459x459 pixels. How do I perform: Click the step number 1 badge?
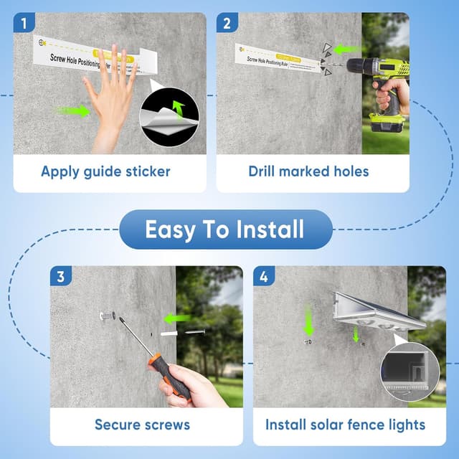(24, 23)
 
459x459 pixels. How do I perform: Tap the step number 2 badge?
(227, 23)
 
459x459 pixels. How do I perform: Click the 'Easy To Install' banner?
(225, 229)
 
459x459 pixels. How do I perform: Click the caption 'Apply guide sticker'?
(105, 171)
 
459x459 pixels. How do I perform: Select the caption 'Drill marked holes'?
(308, 171)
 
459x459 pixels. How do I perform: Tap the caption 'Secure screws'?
(142, 425)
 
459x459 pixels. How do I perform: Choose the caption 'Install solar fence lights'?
(345, 425)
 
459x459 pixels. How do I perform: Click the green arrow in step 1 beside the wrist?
(73, 110)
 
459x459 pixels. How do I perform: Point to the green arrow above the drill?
(346, 49)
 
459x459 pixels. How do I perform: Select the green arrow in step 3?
(176, 318)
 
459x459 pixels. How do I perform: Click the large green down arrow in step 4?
(309, 321)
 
